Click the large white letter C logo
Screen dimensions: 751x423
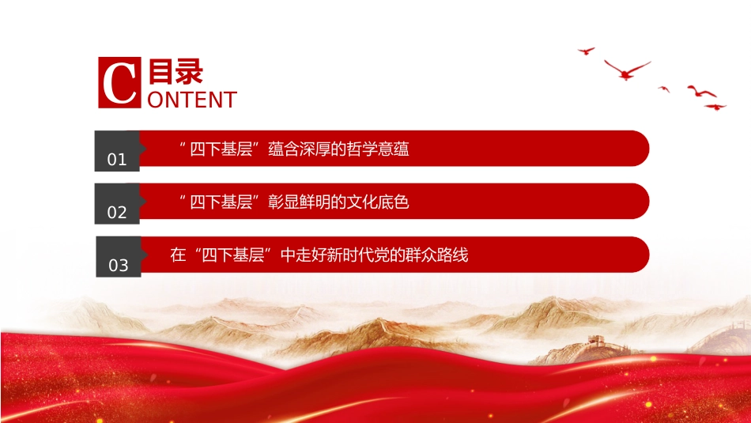click(x=119, y=82)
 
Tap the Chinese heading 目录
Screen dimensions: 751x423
click(x=175, y=71)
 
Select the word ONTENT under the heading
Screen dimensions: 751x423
click(x=192, y=100)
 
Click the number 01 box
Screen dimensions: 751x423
click(x=117, y=151)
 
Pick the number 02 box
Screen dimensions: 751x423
click(x=117, y=204)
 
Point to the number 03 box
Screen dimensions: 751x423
click(x=119, y=257)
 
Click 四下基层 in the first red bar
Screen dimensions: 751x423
click(x=221, y=149)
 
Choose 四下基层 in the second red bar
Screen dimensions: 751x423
click(x=221, y=202)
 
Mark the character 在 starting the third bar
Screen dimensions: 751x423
click(x=178, y=255)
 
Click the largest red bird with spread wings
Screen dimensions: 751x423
click(x=626, y=70)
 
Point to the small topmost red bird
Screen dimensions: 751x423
click(x=587, y=51)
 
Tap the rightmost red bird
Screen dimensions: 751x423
click(x=715, y=107)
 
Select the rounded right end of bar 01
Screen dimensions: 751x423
click(x=640, y=149)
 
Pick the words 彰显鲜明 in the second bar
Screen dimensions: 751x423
click(x=300, y=202)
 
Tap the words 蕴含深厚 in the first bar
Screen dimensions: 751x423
click(x=300, y=149)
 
